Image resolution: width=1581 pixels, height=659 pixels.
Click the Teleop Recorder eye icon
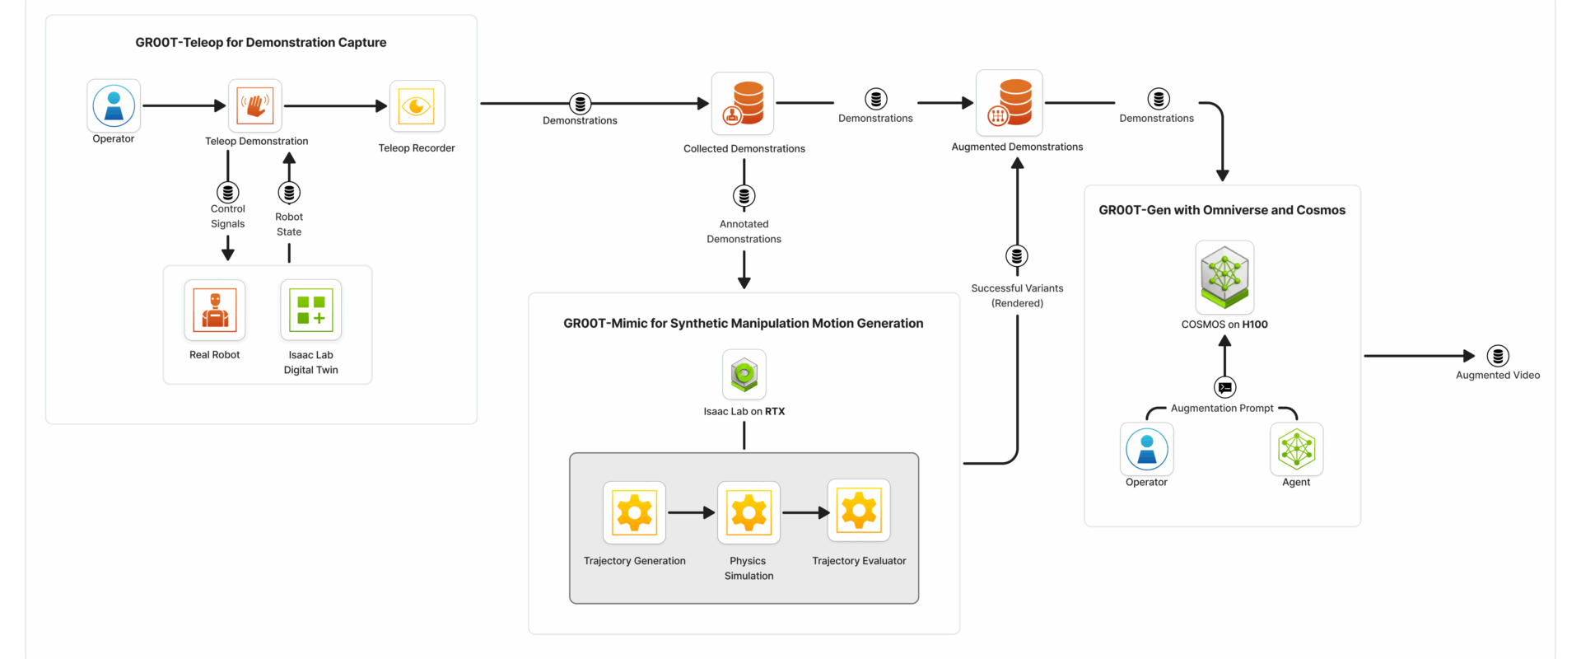pos(417,106)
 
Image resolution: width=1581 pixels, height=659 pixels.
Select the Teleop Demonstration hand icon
pos(255,105)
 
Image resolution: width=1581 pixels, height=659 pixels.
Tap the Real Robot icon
pos(215,310)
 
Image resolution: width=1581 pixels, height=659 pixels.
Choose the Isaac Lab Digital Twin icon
pos(311,310)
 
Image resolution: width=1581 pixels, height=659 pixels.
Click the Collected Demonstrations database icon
pos(743,104)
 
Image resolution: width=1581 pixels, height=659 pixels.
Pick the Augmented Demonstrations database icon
pos(1010,103)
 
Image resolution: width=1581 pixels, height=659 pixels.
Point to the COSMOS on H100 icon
pos(1224,277)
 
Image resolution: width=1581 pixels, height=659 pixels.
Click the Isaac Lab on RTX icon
pos(744,375)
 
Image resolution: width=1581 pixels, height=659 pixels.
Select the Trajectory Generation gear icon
pos(634,512)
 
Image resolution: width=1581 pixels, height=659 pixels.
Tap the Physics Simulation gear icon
pos(749,512)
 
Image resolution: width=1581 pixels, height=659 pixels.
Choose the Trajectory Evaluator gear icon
pos(859,511)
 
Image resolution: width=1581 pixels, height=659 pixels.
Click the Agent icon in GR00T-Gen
pos(1296,449)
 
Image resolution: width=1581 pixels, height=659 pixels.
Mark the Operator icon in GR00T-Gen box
pos(1146,449)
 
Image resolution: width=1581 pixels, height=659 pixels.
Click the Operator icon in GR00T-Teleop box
pos(114,105)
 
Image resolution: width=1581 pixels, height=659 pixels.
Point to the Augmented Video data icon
pos(1498,356)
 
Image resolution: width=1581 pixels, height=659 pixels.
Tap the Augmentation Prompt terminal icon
pos(1225,387)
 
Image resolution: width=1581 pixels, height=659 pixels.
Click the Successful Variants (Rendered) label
pos(1017,296)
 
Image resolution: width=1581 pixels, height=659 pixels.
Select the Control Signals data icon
pos(228,192)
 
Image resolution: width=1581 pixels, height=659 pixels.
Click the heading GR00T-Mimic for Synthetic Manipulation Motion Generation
pos(743,324)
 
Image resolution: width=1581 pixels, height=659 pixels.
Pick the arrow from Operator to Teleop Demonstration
pos(184,105)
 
